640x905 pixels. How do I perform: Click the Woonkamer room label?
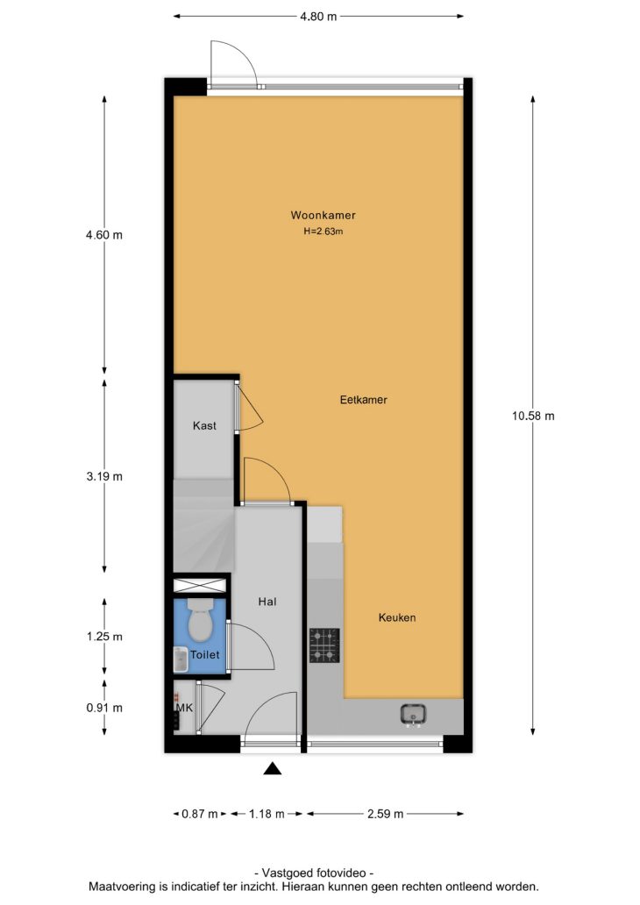pos(323,215)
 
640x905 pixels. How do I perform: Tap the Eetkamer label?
pos(364,399)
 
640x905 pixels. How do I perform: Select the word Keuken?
pos(397,617)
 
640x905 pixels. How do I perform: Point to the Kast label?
pos(204,425)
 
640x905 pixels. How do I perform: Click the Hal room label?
pos(267,602)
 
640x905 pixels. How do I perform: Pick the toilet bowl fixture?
pos(200,619)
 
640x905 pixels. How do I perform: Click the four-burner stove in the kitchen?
pos(324,645)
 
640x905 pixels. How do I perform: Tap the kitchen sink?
pos(413,714)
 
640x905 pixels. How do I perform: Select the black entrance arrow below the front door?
pos(273,768)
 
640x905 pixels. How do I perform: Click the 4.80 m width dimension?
pos(318,17)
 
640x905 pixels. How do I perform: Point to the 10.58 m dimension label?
pos(533,416)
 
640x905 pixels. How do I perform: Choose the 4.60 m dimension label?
pos(104,235)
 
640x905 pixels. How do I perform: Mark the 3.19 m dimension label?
pos(104,477)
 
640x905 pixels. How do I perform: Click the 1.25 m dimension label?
pos(104,637)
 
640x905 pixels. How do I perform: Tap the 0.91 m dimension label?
pos(104,708)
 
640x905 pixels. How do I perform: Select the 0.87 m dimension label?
pos(200,814)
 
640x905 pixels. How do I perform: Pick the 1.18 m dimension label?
pos(267,814)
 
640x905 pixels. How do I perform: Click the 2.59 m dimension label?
pos(386,814)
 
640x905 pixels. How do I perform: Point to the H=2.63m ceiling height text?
pos(324,232)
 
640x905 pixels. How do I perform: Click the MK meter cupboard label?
pos(185,708)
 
